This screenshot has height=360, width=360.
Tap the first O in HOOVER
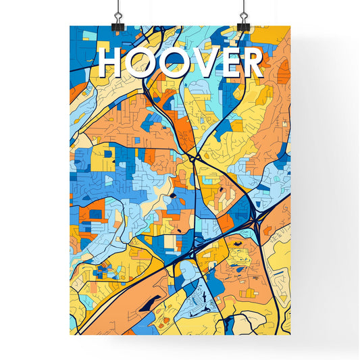pyautogui.click(x=141, y=63)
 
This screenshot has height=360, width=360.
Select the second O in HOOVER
pyautogui.click(x=175, y=63)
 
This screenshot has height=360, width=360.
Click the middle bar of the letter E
pyautogui.click(x=230, y=63)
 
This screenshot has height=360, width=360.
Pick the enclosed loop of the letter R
pyautogui.click(x=251, y=57)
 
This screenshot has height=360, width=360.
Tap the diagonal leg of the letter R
pyautogui.click(x=257, y=70)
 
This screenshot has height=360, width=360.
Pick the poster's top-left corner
pyautogui.click(x=70, y=26)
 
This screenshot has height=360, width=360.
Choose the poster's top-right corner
pyautogui.click(x=290, y=26)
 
